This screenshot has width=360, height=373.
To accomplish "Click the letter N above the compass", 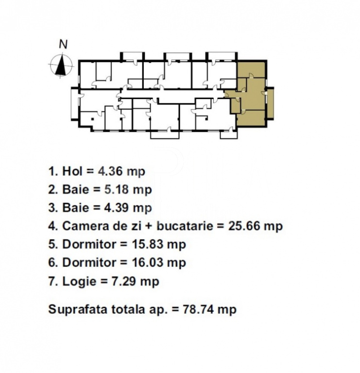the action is pyautogui.click(x=63, y=45).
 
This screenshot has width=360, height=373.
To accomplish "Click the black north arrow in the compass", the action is pyautogui.click(x=61, y=65).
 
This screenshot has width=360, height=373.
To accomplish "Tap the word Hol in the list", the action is pyautogui.click(x=72, y=171).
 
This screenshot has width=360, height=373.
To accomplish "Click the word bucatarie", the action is pyautogui.click(x=185, y=226).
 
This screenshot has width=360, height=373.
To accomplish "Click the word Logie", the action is pyautogui.click(x=79, y=282).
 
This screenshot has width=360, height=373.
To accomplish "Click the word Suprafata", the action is pyautogui.click(x=78, y=309).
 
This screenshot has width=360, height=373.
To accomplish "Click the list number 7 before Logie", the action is pyautogui.click(x=52, y=281).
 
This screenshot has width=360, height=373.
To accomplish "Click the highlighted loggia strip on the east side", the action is pyautogui.click(x=270, y=103).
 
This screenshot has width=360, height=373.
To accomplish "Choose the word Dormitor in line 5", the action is pyautogui.click(x=89, y=244).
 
